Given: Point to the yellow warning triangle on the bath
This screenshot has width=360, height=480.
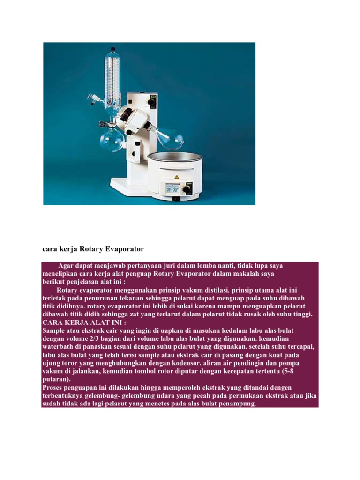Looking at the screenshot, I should coord(177,177).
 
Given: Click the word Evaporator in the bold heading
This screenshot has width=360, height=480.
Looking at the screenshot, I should coord(121,248).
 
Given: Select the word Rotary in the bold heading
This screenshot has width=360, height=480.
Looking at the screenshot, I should coord(90,248).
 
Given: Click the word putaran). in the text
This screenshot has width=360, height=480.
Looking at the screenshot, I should coord(56,379).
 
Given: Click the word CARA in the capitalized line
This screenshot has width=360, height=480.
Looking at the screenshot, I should coord(52,322).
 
